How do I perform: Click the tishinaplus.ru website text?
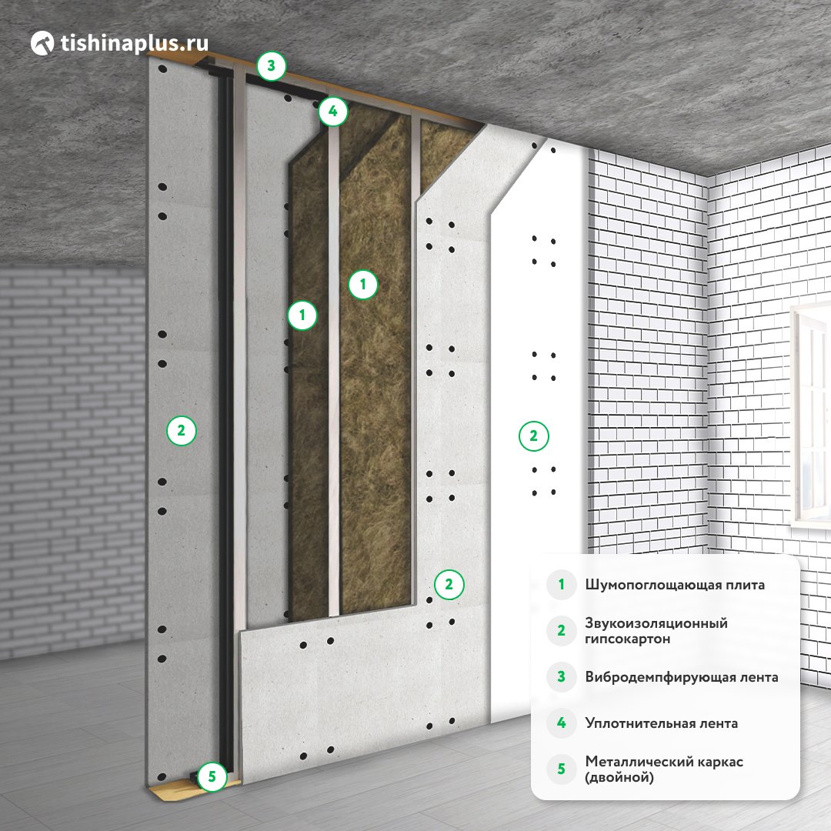134,43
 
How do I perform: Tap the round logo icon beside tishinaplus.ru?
42,43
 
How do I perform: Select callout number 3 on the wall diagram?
272,65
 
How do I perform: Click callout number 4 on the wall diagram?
333,112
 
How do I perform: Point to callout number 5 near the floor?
212,777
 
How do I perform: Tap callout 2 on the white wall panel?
534,436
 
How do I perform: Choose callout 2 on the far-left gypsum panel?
182,430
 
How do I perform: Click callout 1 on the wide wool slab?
363,285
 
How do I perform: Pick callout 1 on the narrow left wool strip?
302,315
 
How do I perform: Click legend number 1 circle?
561,585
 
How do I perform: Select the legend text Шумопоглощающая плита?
675,585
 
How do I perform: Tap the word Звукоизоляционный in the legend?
656,623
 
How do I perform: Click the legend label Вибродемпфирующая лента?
682,677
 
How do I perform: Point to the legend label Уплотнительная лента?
662,723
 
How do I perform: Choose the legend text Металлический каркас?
664,762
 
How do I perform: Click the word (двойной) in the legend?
619,777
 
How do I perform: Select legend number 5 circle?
561,769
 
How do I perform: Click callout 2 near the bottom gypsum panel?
449,585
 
